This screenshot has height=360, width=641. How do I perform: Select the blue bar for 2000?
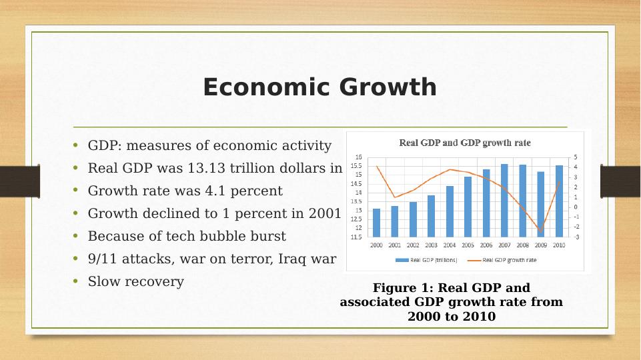pos(376,223)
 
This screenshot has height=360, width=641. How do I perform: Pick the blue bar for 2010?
pos(559,201)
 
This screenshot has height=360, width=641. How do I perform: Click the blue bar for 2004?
pos(450,211)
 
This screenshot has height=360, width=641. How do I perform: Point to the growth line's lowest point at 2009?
pos(540,231)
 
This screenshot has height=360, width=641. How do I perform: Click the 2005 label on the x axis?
pos(468,245)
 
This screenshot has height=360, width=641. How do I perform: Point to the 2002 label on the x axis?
pos(413,245)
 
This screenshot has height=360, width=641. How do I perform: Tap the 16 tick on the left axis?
pos(358,157)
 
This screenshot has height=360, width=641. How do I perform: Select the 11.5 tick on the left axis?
pos(357,237)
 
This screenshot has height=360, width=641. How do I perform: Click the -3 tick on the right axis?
pos(576,237)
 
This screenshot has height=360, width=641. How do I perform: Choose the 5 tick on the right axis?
pos(576,157)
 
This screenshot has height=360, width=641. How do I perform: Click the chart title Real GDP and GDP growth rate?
pos(465,143)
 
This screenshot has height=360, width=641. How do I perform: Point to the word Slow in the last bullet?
pos(102,281)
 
